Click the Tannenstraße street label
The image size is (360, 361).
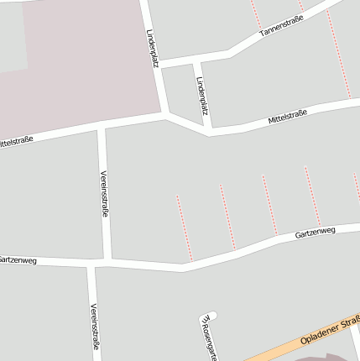click(281, 27)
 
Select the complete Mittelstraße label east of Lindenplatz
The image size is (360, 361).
click(288, 118)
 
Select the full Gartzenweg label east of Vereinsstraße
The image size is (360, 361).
click(315, 231)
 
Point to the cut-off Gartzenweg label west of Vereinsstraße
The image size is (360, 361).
click(17, 260)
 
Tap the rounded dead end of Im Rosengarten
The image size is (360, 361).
click(211, 316)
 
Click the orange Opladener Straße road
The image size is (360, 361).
click(277, 347)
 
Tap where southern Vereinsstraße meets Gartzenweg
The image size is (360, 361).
click(91, 267)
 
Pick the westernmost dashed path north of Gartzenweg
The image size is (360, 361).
click(184, 227)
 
